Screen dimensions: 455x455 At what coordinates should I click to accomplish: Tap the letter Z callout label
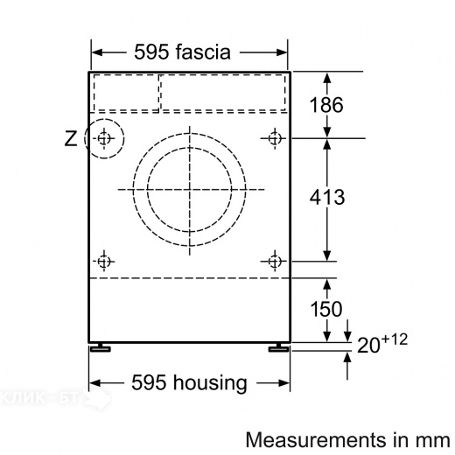pyautogui.click(x=71, y=138)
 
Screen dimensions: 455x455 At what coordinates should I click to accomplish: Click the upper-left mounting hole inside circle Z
pyautogui.click(x=105, y=138)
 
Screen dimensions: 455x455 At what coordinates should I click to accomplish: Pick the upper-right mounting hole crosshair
pyautogui.click(x=276, y=138)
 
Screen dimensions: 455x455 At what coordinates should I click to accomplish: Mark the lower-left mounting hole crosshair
pyautogui.click(x=105, y=260)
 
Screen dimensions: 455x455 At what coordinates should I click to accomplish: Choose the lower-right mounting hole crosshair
pyautogui.click(x=276, y=260)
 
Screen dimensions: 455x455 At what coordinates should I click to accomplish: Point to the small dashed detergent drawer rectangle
pyautogui.click(x=125, y=93)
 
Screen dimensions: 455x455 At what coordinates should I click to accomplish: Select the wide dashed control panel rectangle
pyautogui.click(x=223, y=93)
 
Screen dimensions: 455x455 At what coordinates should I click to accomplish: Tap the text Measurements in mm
pyautogui.click(x=347, y=437)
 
